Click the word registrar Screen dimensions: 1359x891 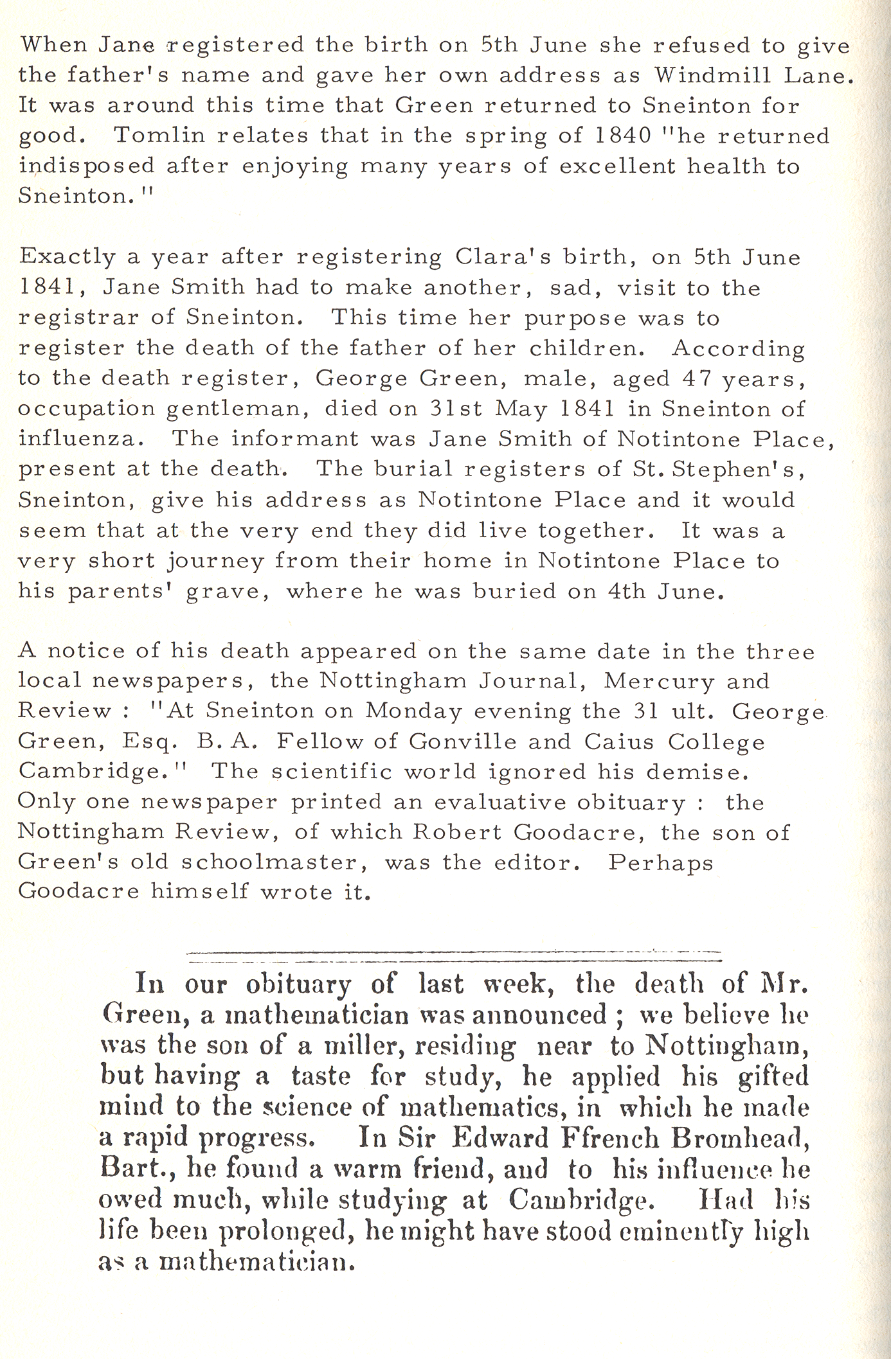(78, 318)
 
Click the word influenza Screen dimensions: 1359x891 (77, 439)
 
